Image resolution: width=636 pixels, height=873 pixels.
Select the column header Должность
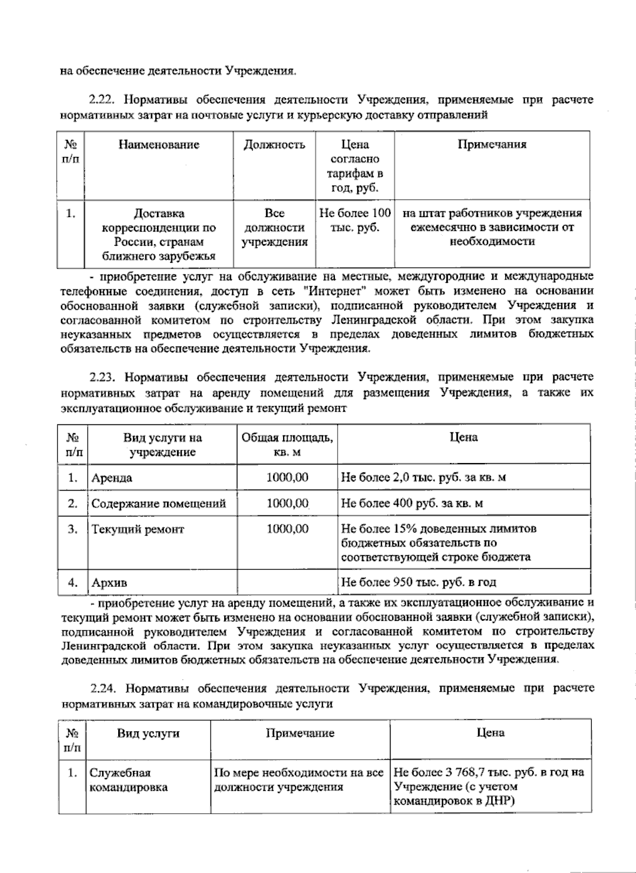274,145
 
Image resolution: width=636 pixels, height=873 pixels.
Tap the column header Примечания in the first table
492,145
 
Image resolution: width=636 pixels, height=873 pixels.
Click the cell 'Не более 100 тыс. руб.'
355,220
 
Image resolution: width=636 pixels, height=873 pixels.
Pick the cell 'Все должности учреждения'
274,228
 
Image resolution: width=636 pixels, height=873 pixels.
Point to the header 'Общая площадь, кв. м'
287,444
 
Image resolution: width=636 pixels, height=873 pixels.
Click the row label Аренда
112,477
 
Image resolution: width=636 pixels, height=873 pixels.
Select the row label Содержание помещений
158,503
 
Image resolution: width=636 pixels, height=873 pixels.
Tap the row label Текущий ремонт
137,529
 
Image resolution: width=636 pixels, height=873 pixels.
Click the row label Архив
109,583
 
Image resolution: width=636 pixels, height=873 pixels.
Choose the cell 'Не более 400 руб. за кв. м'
412,503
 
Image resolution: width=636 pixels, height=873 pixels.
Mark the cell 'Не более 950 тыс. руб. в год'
419,582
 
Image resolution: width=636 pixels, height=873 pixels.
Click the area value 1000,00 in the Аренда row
287,477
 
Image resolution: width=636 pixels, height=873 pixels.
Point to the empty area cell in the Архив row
287,582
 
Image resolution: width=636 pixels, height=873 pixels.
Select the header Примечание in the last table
300,733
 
